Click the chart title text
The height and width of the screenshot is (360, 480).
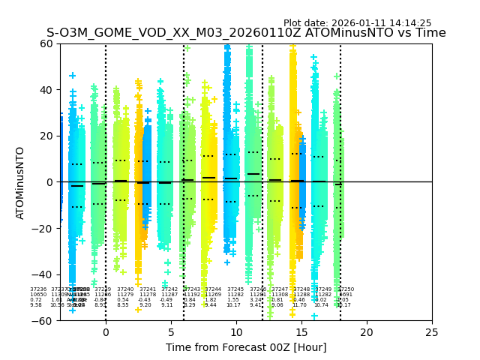[x=246, y=33]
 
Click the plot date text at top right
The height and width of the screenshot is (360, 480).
[x=357, y=23]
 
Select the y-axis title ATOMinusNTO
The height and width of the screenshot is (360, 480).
[x=21, y=182]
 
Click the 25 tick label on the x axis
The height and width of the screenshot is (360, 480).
[x=432, y=332]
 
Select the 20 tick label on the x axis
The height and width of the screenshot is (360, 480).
[x=367, y=332]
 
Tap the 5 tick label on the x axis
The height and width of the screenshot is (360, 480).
[x=171, y=332]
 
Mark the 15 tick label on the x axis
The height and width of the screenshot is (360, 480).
[x=301, y=332]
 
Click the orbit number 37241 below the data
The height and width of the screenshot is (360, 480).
[x=148, y=289]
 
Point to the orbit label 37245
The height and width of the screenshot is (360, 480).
[x=235, y=289]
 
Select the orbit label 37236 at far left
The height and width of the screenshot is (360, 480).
[x=38, y=289]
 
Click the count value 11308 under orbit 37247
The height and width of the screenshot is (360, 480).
[x=280, y=295]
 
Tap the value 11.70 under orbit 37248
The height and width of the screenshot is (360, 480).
[x=299, y=305]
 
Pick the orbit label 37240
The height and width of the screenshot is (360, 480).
[x=125, y=289]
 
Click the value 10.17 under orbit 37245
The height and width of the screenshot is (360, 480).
[x=233, y=305]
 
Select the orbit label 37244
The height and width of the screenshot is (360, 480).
[x=213, y=289]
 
